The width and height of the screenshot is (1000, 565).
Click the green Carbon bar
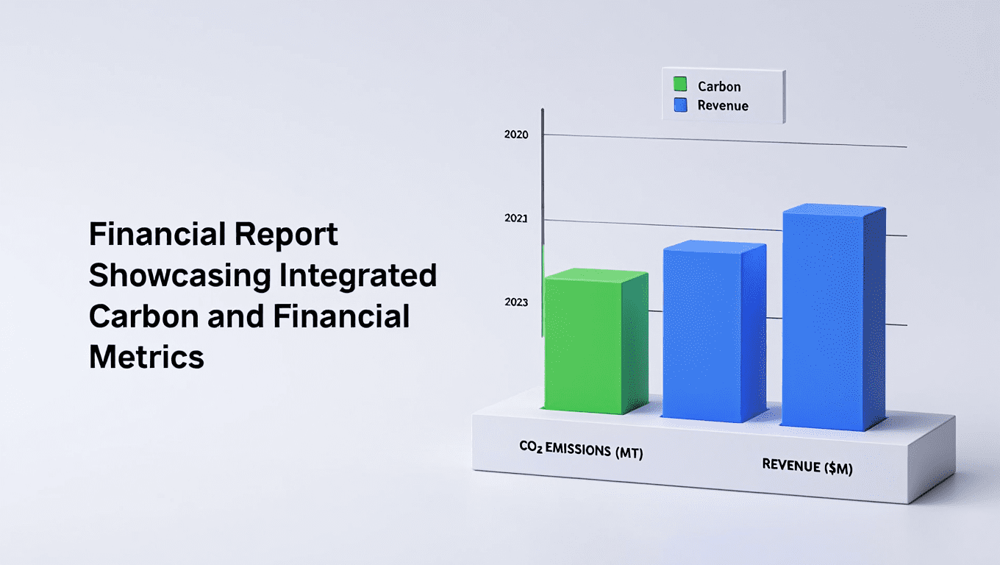pyautogui.click(x=596, y=341)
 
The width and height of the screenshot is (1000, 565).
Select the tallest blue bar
pyautogui.click(x=834, y=317)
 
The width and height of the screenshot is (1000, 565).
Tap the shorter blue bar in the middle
pyautogui.click(x=714, y=331)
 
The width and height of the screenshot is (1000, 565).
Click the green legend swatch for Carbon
pyautogui.click(x=680, y=84)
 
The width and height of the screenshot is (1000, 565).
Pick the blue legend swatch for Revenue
pyautogui.click(x=680, y=105)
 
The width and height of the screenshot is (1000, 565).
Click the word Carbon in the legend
pyautogui.click(x=719, y=86)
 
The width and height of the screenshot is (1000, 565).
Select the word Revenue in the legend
pyautogui.click(x=723, y=106)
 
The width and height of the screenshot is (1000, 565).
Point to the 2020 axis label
pyautogui.click(x=516, y=135)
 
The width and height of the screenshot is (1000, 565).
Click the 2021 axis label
pyautogui.click(x=516, y=218)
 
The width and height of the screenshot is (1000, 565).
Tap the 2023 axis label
pyautogui.click(x=516, y=302)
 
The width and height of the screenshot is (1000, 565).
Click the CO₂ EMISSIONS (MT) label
pyautogui.click(x=581, y=449)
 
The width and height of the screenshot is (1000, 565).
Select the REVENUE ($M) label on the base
pyautogui.click(x=807, y=466)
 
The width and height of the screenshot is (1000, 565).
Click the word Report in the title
pyautogui.click(x=286, y=235)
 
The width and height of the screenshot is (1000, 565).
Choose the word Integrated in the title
pyautogui.click(x=358, y=276)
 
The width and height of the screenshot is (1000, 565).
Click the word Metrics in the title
pyautogui.click(x=146, y=357)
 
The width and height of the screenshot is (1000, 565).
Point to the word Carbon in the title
pyautogui.click(x=144, y=316)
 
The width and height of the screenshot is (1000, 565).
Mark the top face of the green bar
pyautogui.click(x=596, y=274)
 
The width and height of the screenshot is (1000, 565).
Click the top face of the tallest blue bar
pyautogui.click(x=834, y=210)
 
